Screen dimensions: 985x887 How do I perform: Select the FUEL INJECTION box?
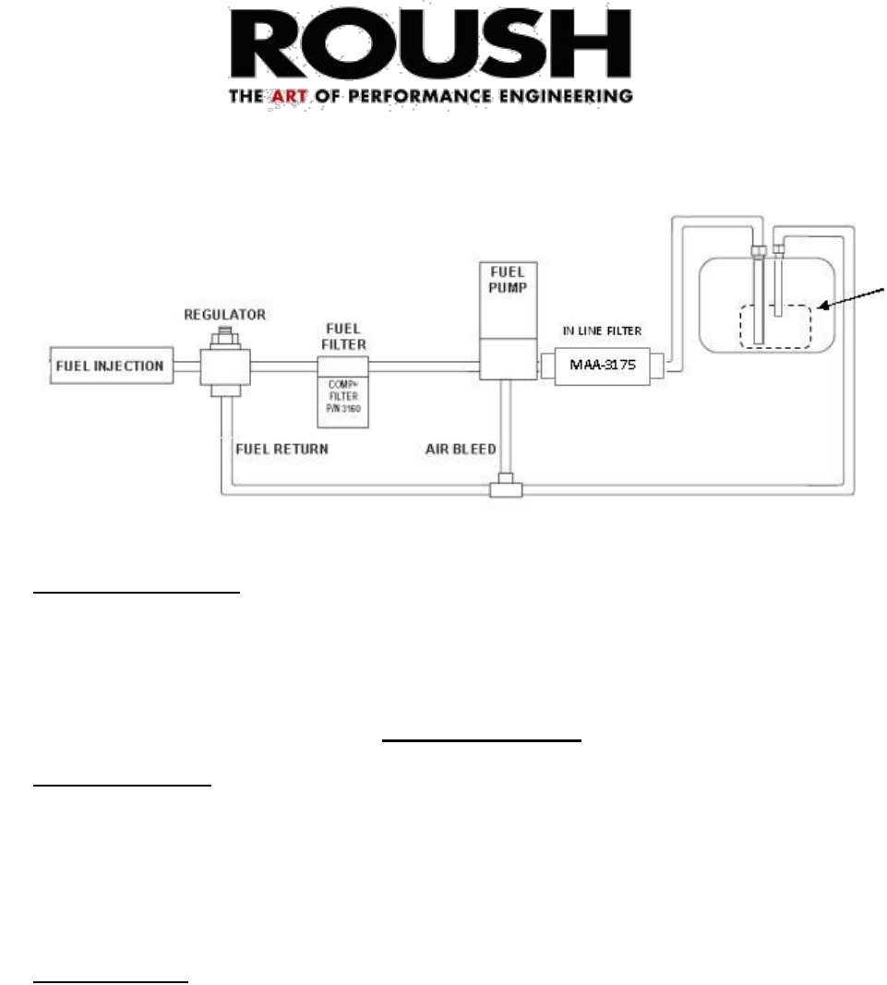pyautogui.click(x=108, y=366)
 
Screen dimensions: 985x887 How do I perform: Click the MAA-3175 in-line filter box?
pyautogui.click(x=602, y=366)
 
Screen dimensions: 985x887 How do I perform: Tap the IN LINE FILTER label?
pyautogui.click(x=601, y=330)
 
